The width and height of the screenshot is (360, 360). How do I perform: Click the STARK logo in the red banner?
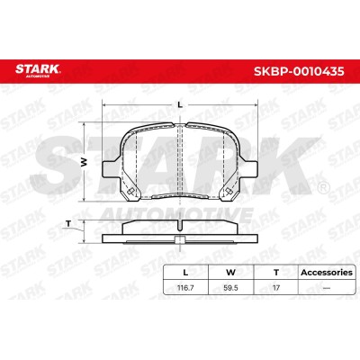38,70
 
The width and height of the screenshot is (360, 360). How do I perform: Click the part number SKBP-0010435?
299,71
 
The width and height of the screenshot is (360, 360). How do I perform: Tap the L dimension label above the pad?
180,104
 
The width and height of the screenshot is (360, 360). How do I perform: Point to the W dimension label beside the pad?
84,162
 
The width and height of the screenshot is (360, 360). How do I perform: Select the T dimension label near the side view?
68,223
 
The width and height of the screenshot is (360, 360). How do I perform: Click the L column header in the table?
185,273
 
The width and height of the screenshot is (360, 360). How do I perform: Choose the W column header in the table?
230,273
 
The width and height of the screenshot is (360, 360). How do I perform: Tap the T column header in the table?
276,273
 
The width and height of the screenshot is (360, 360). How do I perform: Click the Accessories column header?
327,273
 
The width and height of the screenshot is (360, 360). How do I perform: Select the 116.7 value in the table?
185,288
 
